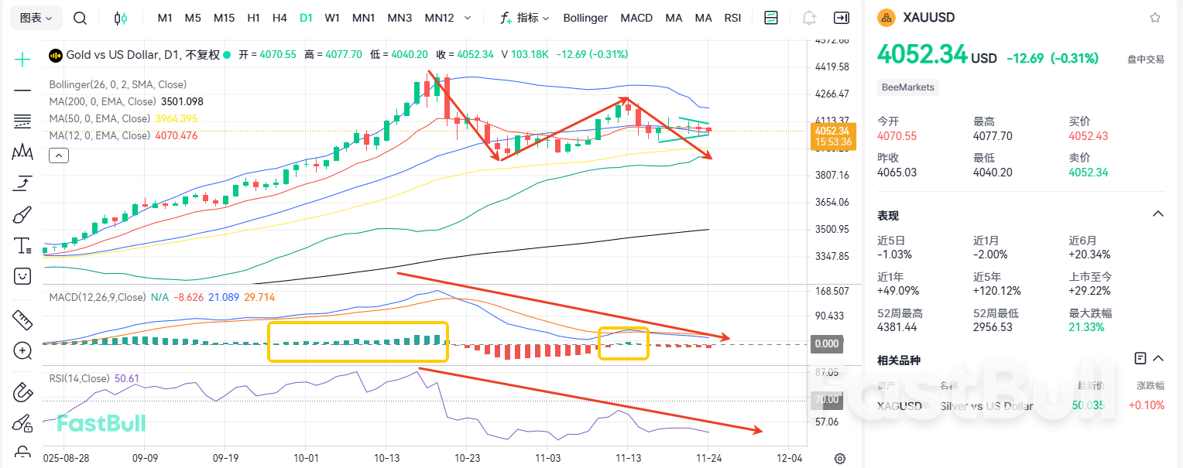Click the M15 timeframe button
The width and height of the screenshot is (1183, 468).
(x=224, y=18)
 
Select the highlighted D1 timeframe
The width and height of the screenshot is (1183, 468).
(x=306, y=18)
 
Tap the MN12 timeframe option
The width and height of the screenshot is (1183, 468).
(x=439, y=18)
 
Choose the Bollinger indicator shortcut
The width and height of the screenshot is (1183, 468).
(x=585, y=18)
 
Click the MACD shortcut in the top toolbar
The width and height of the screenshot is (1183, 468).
(x=636, y=18)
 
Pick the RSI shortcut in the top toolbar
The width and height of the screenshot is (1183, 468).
(x=732, y=18)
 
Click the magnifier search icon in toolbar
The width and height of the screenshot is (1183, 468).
(x=80, y=18)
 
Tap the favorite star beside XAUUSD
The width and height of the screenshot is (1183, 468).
(x=1155, y=17)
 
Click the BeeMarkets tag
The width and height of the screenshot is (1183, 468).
(x=908, y=87)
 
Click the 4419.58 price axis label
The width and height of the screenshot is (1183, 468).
(x=832, y=67)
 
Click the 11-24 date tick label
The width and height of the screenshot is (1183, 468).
(x=709, y=457)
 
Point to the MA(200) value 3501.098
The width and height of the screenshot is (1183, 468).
(x=181, y=101)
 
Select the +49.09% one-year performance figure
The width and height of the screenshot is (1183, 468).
(x=895, y=291)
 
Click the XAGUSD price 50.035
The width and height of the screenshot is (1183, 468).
(x=1088, y=405)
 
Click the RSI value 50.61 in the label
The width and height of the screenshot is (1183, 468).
(x=127, y=378)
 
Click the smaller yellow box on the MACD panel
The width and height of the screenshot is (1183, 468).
(x=623, y=343)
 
